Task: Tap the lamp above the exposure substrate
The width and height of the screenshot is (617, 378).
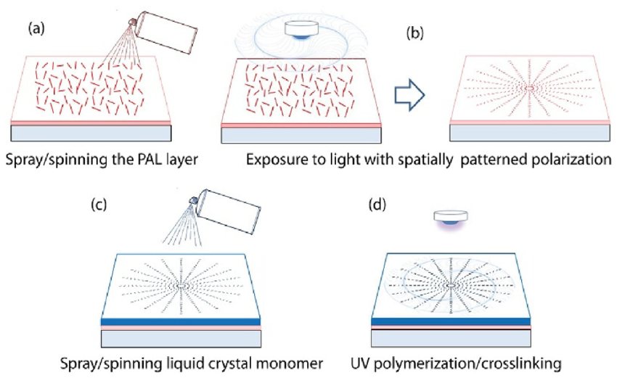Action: pos(306,30)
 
